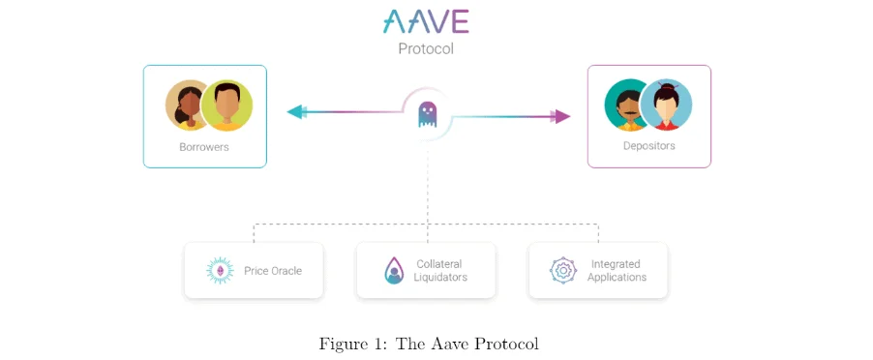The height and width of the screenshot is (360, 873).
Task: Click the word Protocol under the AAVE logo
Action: pos(426,47)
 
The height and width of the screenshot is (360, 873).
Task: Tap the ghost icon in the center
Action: pos(427,115)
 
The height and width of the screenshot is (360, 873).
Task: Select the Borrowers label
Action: pos(204,147)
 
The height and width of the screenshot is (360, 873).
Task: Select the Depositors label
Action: pos(648,146)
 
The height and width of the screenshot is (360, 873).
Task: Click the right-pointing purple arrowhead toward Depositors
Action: pos(560,116)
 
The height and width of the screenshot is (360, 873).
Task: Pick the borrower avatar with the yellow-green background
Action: pos(227,105)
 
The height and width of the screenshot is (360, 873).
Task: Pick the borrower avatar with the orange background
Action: pos(187,105)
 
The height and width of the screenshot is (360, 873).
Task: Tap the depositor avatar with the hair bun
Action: pos(667,105)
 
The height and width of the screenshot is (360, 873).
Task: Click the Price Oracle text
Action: pos(272,271)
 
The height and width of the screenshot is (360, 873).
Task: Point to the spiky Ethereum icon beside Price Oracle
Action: pos(221,270)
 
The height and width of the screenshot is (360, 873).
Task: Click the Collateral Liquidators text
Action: pos(440,270)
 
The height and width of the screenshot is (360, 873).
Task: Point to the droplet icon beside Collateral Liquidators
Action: pos(394,270)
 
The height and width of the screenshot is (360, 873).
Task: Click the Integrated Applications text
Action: pos(617,270)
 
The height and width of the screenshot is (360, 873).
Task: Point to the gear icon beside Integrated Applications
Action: pos(563,270)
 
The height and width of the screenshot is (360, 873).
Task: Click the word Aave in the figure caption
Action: pos(450,344)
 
